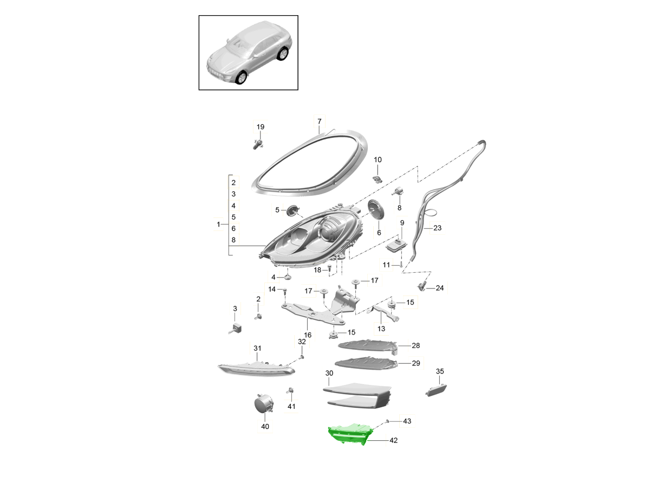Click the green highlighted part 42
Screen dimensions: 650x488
click(350, 434)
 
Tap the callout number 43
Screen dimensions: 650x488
click(407, 421)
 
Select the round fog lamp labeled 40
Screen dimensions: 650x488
click(264, 403)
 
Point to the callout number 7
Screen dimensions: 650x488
click(319, 121)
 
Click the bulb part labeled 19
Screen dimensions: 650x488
click(258, 144)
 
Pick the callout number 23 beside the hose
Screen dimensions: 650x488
click(437, 228)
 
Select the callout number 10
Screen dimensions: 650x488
click(378, 160)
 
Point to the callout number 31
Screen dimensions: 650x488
click(257, 349)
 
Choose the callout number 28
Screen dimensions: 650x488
click(416, 345)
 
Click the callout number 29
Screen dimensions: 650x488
click(416, 363)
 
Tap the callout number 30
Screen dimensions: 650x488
click(329, 374)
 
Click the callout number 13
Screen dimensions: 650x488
click(381, 329)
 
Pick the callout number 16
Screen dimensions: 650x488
click(308, 335)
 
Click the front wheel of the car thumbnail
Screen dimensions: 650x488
click(242, 78)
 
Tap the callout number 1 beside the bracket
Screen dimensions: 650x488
click(218, 224)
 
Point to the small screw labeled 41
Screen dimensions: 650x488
click(290, 391)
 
